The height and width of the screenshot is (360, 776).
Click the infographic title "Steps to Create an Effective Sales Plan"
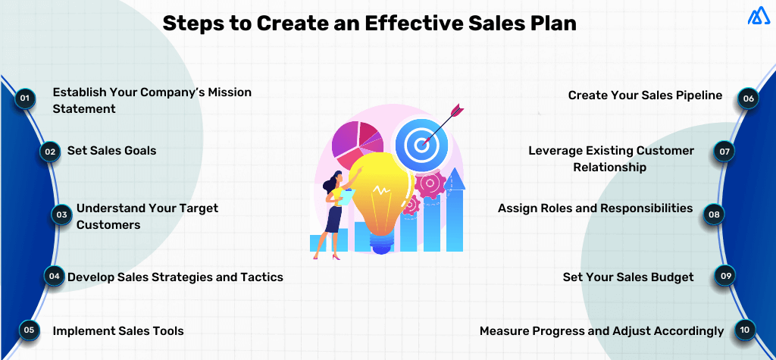370,23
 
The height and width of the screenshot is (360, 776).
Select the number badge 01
25,99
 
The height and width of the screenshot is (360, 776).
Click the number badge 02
49,152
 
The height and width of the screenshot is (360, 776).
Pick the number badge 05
28,330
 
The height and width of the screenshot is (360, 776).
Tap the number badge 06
748,99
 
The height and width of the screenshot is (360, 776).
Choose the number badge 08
713,214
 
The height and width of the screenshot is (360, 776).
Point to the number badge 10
744,330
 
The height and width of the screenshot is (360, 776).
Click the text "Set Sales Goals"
111,151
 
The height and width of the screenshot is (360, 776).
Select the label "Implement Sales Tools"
117,330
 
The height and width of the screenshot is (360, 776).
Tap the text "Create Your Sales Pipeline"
645,95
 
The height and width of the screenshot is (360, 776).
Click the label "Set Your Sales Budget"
627,277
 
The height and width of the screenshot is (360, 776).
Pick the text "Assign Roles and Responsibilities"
595,208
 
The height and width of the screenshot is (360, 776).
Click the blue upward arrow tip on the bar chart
454,178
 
